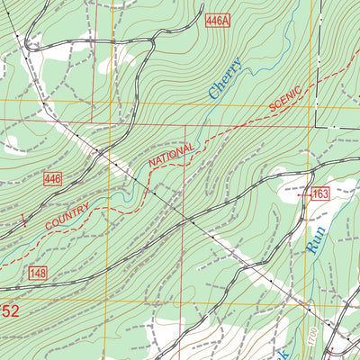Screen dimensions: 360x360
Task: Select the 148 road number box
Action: pyautogui.click(x=37, y=273)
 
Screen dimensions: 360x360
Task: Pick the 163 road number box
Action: pyautogui.click(x=320, y=193)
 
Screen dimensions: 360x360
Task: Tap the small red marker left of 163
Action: pyautogui.click(x=302, y=193)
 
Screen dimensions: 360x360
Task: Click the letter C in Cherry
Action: pyautogui.click(x=214, y=94)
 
